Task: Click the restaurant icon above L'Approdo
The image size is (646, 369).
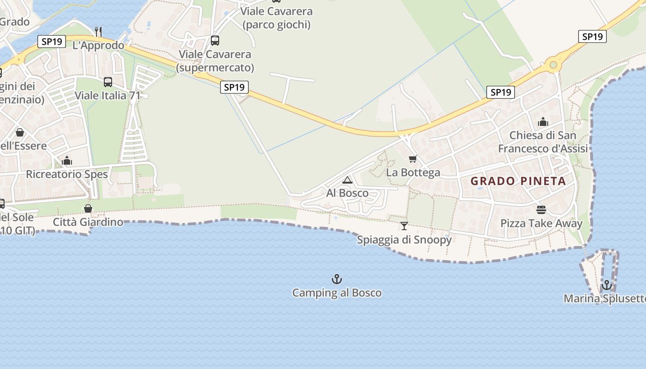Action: click(x=98, y=31)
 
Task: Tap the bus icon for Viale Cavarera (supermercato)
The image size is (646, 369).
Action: click(x=215, y=41)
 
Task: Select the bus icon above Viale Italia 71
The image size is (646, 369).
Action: click(x=108, y=82)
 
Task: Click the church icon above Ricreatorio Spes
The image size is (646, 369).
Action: click(x=67, y=161)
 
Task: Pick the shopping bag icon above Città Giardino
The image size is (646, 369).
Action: click(x=88, y=208)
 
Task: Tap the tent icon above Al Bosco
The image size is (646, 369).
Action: click(x=347, y=180)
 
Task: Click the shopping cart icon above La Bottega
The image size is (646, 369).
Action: click(x=413, y=159)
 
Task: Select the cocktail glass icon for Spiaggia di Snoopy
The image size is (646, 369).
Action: click(x=404, y=226)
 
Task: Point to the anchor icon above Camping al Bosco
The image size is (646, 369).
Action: click(x=337, y=279)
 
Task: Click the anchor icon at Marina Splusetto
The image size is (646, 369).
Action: click(x=606, y=285)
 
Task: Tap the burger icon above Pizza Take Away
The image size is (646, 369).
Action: click(x=541, y=210)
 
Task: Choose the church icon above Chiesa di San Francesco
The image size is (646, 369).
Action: click(x=543, y=122)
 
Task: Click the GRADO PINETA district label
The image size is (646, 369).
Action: click(x=518, y=181)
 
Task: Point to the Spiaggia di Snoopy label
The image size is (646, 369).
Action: click(x=404, y=240)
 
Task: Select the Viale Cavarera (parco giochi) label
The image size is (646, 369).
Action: click(x=276, y=18)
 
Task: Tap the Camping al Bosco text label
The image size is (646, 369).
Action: click(x=337, y=293)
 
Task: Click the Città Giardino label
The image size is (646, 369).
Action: click(x=88, y=222)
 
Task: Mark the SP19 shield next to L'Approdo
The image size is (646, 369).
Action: click(x=52, y=42)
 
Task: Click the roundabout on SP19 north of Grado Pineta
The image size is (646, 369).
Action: click(x=553, y=65)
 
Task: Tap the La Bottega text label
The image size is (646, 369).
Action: click(x=413, y=173)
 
